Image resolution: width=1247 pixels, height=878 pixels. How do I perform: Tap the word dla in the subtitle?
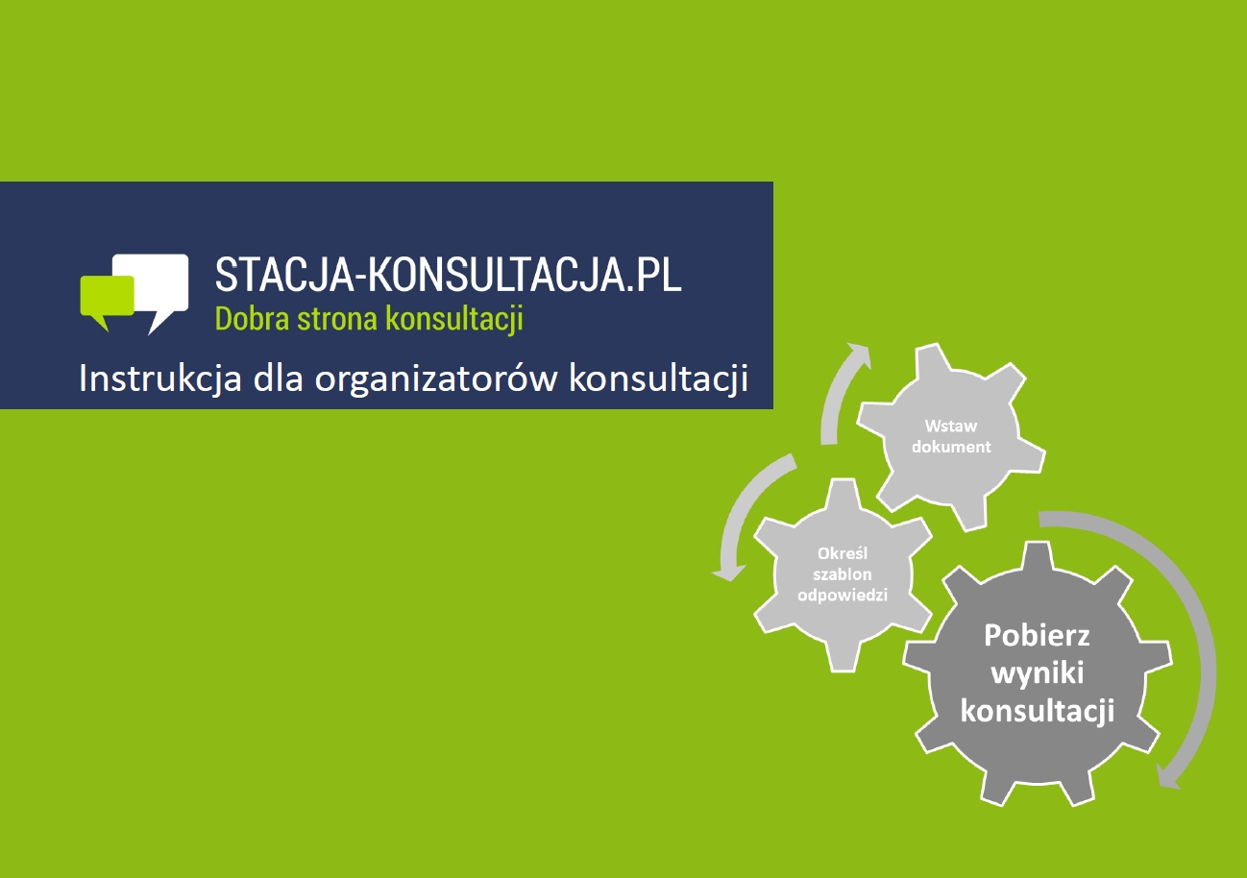click(x=278, y=378)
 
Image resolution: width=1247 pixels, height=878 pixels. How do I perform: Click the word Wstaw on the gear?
click(x=951, y=426)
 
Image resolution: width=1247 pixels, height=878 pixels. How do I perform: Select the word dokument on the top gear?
click(x=951, y=447)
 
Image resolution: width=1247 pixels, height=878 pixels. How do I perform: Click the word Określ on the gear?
click(x=843, y=553)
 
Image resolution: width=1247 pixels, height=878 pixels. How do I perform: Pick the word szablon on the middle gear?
click(x=843, y=574)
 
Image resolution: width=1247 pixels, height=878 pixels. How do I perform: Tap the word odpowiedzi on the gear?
click(x=843, y=596)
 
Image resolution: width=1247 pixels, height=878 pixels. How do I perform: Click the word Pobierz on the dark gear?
click(x=1037, y=635)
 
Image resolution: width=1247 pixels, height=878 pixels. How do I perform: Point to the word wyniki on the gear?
click(x=1038, y=673)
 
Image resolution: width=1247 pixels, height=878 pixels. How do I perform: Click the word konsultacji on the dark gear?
click(x=1038, y=711)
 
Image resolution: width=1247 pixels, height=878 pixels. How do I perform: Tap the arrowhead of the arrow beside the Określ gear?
click(x=729, y=573)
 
